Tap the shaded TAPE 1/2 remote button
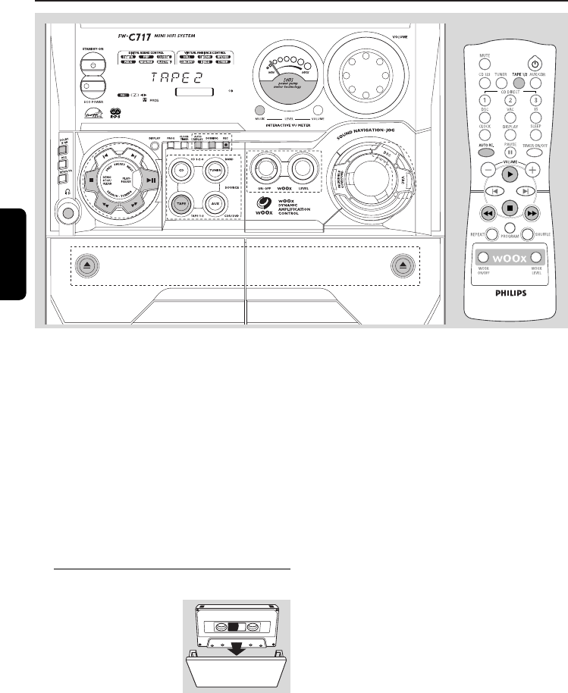[x=518, y=83]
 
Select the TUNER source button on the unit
[x=215, y=171]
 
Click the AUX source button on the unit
[x=215, y=204]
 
